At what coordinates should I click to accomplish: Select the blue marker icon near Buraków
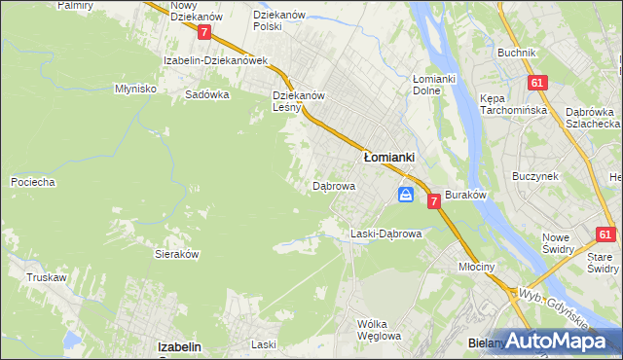(405, 196)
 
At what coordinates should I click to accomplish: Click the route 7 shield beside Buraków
(432, 198)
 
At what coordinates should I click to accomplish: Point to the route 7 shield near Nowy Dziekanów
(203, 32)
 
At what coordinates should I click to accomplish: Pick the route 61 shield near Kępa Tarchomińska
(536, 84)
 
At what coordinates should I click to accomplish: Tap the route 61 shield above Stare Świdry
(605, 234)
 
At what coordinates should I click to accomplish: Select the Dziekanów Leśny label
(298, 101)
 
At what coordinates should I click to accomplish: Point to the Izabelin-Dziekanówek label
(215, 60)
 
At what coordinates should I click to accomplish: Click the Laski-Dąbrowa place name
(385, 234)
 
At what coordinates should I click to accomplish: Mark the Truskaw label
(47, 277)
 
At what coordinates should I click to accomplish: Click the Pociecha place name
(32, 182)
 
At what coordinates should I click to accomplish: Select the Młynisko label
(136, 88)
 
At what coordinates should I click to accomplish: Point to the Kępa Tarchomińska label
(508, 104)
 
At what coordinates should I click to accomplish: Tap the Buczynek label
(534, 177)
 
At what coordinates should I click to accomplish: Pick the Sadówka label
(207, 95)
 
